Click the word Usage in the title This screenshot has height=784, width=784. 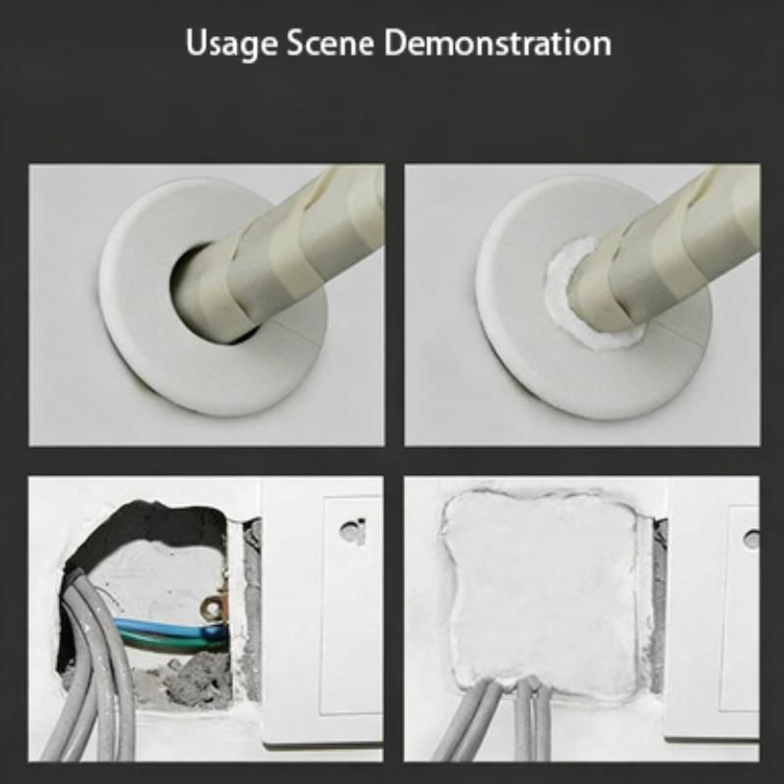click(231, 43)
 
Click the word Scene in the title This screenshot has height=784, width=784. click(330, 42)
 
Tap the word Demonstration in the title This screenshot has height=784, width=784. click(498, 42)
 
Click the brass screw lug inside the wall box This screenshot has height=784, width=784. click(214, 608)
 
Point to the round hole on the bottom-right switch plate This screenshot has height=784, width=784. click(751, 539)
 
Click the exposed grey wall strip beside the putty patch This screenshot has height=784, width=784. click(658, 600)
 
